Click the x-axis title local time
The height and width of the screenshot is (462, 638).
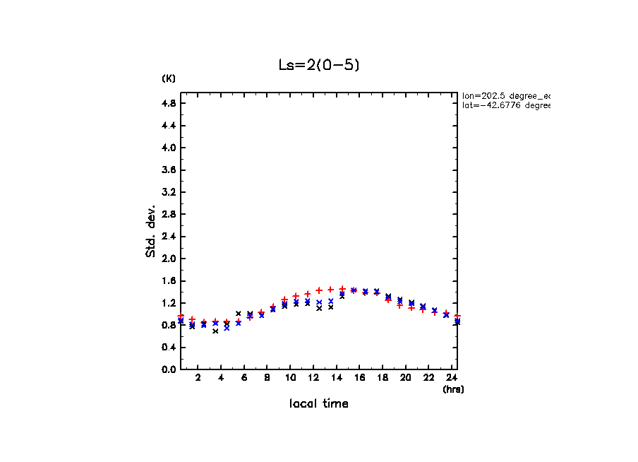pyautogui.click(x=318, y=404)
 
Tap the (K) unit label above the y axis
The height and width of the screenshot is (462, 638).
pyautogui.click(x=169, y=78)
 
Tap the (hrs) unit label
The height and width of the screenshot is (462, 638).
pyautogui.click(x=453, y=389)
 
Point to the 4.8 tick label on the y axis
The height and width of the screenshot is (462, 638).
pyautogui.click(x=169, y=103)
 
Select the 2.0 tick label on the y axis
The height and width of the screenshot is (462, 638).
pyautogui.click(x=169, y=259)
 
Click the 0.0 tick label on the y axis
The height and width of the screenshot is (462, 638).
pyautogui.click(x=169, y=369)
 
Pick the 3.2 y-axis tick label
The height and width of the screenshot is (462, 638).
pyautogui.click(x=169, y=192)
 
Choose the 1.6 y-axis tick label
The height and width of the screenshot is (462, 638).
pyautogui.click(x=169, y=281)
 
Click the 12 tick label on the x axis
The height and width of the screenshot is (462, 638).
pyautogui.click(x=313, y=378)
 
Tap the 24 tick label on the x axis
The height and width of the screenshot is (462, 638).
pyautogui.click(x=452, y=378)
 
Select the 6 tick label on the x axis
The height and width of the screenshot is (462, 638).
pyautogui.click(x=244, y=378)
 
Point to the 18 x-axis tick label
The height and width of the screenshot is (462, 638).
pyautogui.click(x=383, y=378)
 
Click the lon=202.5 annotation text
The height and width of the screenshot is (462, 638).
pyautogui.click(x=505, y=95)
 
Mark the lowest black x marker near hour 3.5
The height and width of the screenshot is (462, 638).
pyautogui.click(x=215, y=331)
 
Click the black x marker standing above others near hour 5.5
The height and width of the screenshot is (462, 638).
pyautogui.click(x=239, y=313)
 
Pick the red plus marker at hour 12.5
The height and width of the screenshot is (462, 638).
pyautogui.click(x=319, y=290)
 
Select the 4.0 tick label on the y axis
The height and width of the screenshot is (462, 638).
pyautogui.click(x=169, y=148)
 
